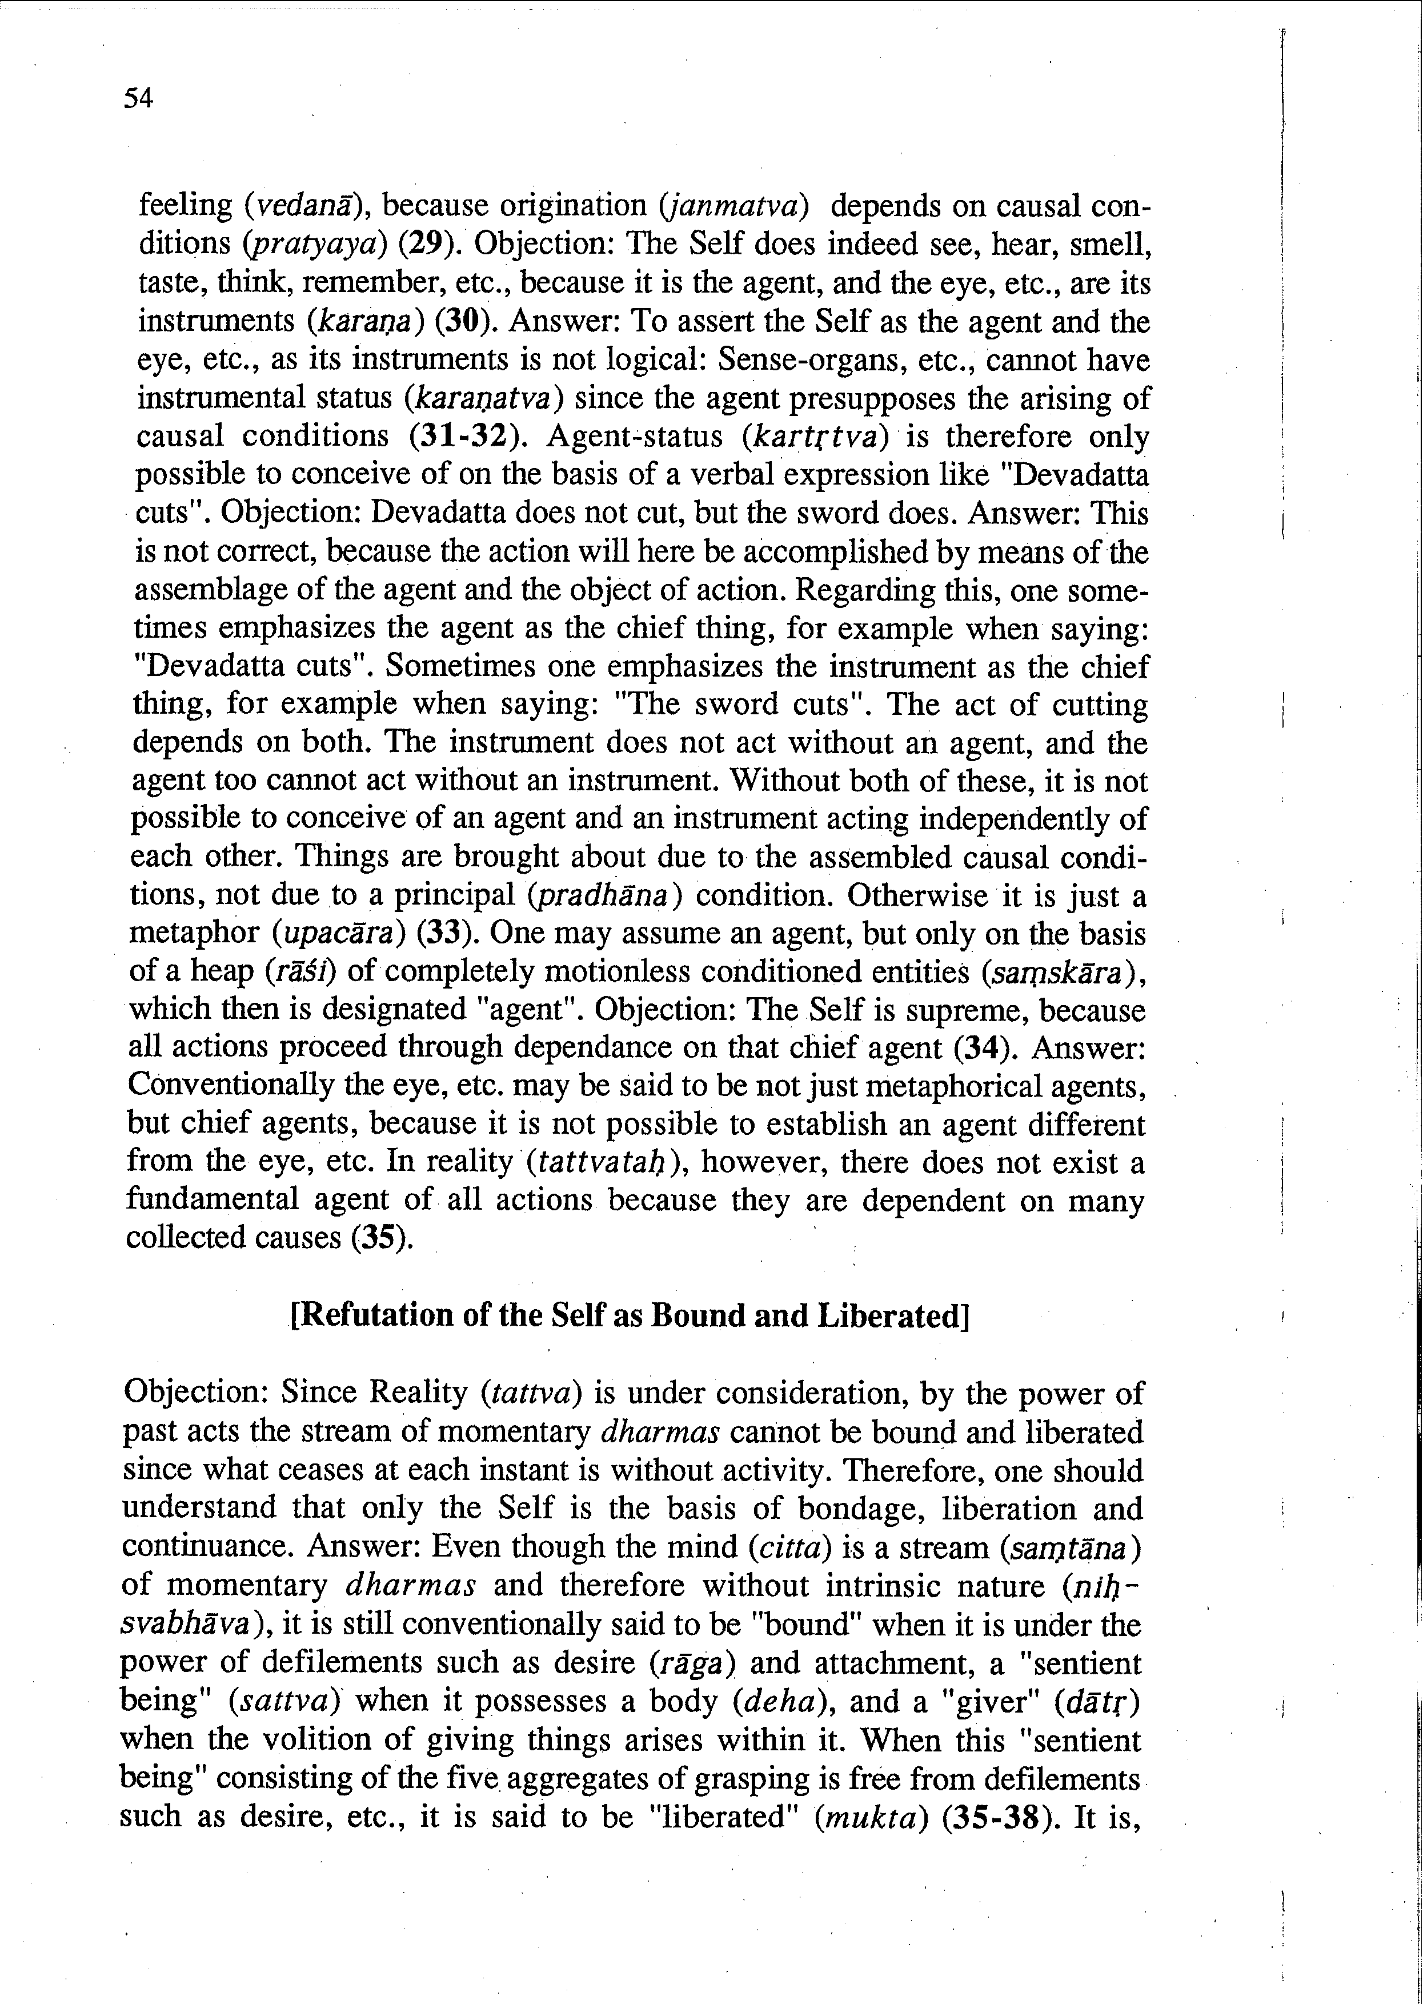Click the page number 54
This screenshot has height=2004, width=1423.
[138, 98]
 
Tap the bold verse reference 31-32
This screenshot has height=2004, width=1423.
[469, 435]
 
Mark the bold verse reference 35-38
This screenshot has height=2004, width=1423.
[998, 1817]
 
